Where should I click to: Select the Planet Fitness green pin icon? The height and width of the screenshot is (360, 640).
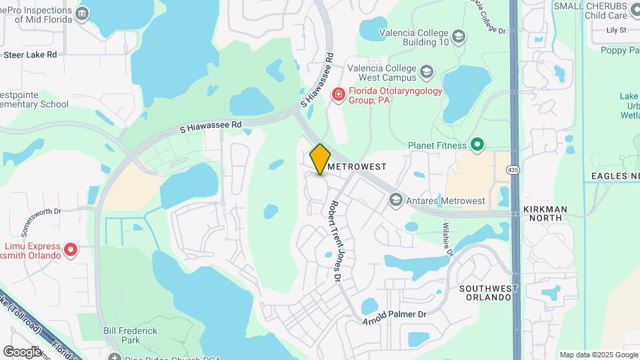[477, 144]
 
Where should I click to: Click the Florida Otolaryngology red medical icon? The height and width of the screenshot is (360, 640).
[338, 95]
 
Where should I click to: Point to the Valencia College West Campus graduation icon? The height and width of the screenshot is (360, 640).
[426, 71]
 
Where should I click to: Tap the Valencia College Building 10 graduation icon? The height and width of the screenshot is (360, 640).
[458, 37]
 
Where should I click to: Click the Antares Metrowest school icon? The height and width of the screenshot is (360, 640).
[395, 200]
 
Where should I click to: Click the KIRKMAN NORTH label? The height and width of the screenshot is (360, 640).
[545, 214]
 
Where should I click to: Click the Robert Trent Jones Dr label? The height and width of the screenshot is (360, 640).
[333, 240]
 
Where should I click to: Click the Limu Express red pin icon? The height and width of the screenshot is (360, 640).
[70, 251]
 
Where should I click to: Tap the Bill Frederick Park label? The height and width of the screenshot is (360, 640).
[130, 335]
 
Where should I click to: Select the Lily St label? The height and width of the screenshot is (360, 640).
[616, 30]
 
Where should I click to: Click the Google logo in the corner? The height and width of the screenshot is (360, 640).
[22, 351]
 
